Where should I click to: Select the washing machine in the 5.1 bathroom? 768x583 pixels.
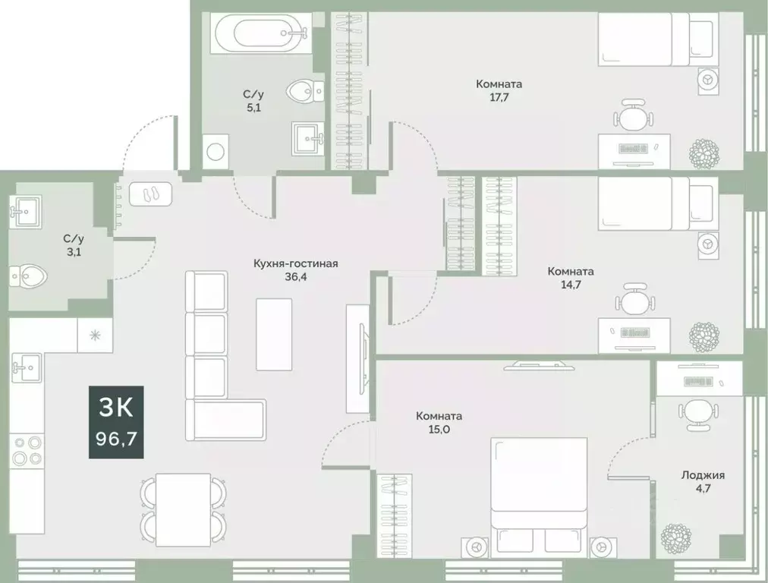(216, 150)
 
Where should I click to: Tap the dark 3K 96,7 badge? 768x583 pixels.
(116, 422)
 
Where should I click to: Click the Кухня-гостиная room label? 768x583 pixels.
(295, 263)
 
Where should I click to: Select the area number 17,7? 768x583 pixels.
(499, 96)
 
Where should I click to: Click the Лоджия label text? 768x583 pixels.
(702, 475)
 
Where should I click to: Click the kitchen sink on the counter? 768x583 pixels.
(25, 367)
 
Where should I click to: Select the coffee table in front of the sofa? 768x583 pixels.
(273, 333)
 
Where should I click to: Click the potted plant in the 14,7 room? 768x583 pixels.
(703, 336)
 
